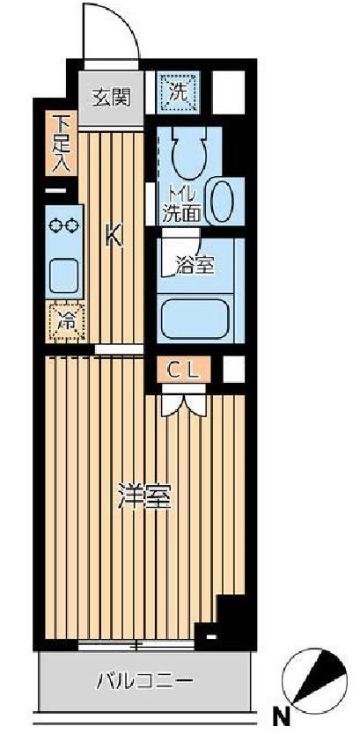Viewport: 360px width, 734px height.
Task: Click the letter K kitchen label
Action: pyautogui.click(x=114, y=236)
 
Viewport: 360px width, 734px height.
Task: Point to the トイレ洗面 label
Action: pyautogui.click(x=180, y=202)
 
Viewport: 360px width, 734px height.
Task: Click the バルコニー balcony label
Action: pyautogui.click(x=143, y=680)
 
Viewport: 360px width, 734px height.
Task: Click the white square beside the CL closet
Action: pyautogui.click(x=233, y=370)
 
